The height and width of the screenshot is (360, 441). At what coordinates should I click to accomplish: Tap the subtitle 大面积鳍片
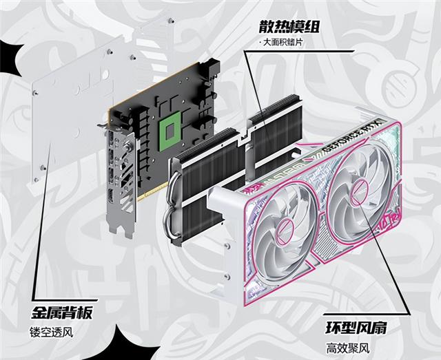[285, 43]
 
